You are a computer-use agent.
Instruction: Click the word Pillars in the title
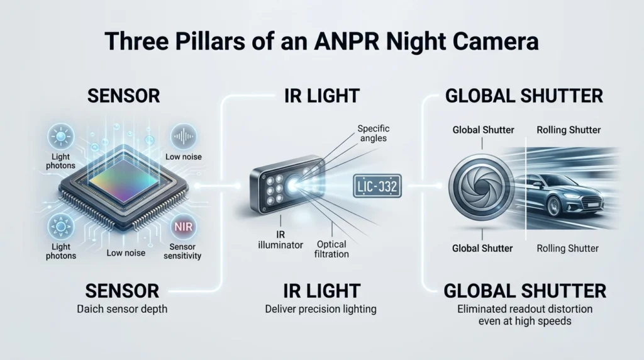coord(211,42)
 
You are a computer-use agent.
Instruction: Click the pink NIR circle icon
coord(183,227)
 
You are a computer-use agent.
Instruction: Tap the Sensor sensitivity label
coord(182,251)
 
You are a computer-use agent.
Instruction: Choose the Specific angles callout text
coord(374,133)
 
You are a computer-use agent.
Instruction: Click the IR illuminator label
coord(280,240)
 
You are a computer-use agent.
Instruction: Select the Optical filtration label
coord(331,249)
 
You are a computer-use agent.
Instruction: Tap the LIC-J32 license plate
coord(377,186)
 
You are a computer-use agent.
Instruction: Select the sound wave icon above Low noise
coord(183,137)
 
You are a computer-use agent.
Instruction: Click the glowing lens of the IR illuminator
coord(294,184)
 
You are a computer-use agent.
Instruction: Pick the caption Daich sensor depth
coord(122,309)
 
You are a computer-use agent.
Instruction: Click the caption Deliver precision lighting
coord(321,309)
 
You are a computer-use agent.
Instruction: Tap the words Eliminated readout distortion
coord(525,309)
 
